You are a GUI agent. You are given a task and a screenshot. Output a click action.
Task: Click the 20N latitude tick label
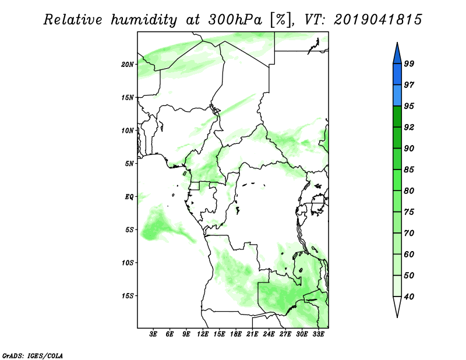tap(128, 65)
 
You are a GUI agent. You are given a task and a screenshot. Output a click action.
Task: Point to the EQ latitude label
tap(129, 197)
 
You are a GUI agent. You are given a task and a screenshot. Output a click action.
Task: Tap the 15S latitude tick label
tap(128, 296)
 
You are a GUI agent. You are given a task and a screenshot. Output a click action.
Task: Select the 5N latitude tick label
tap(129, 164)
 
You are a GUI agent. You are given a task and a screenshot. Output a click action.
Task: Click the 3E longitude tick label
tap(153, 334)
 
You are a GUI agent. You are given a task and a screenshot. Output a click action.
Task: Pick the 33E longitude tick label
tap(318, 334)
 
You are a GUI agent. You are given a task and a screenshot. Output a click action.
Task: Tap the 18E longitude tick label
tap(236, 334)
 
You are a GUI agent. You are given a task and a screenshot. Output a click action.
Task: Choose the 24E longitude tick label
tap(269, 334)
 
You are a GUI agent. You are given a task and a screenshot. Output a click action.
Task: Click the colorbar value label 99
tap(409, 63)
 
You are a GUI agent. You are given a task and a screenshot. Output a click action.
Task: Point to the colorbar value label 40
tap(409, 297)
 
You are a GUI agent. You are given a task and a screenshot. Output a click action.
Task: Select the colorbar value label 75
tap(409, 212)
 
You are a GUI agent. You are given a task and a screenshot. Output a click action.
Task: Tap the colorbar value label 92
tap(409, 127)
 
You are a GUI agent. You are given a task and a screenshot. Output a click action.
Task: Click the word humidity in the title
tap(144, 20)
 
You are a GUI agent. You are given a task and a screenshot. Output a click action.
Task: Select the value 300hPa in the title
tap(235, 20)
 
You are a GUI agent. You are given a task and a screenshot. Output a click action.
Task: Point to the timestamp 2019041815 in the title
tap(377, 20)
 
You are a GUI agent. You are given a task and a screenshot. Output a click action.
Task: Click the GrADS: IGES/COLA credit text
tap(33, 355)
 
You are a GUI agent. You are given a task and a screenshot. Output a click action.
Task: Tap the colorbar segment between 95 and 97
tap(397, 96)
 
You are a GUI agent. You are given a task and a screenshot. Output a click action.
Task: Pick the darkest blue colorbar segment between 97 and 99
tap(397, 75)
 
